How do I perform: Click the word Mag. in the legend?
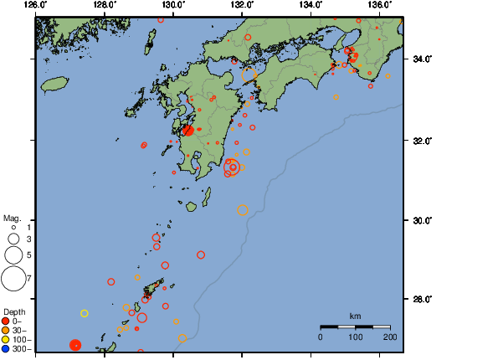tap(11, 218)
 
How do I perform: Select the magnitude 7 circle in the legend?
tap(13, 277)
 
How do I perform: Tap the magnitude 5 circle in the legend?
tap(13, 254)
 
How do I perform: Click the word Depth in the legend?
tap(14, 311)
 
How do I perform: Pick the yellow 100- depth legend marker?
tap(6, 339)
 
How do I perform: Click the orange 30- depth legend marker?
tap(6, 330)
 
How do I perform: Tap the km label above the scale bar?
tap(355, 316)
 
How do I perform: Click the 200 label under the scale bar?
tap(389, 337)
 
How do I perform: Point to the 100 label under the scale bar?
tap(355, 337)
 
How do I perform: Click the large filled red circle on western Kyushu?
tap(187, 130)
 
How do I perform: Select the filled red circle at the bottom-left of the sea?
tap(75, 345)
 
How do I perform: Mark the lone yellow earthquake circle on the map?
tap(85, 313)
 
